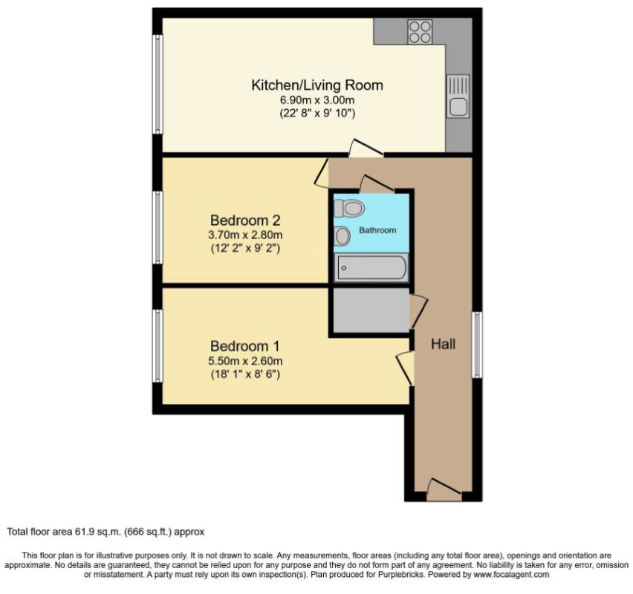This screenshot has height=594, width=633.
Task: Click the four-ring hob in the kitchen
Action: [x=420, y=32]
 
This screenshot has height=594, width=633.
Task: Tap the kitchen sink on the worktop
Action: [x=458, y=97]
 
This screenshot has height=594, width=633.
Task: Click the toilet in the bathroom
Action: [x=349, y=209]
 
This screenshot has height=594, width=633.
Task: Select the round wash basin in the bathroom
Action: [x=342, y=235]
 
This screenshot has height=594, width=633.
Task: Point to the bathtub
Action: [x=371, y=267]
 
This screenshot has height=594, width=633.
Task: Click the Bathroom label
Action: [x=377, y=230]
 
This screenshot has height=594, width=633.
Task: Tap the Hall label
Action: [x=444, y=345]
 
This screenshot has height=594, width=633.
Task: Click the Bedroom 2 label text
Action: [x=245, y=221]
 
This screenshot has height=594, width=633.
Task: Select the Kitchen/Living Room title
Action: [x=317, y=85]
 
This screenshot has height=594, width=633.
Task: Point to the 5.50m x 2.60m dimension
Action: [x=245, y=361]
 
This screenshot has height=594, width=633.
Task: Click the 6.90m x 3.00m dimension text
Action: [x=317, y=99]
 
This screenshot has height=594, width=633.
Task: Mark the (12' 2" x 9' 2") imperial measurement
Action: [x=245, y=248]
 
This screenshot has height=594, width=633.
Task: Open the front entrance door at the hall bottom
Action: [x=444, y=489]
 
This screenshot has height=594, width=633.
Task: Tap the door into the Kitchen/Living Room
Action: [x=366, y=148]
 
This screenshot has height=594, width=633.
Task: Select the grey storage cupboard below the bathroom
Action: [x=371, y=310]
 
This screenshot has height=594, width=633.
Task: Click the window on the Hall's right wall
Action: [x=477, y=345]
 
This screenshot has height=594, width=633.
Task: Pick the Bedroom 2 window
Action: [x=158, y=228]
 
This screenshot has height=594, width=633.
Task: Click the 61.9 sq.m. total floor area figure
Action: [x=97, y=532]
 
